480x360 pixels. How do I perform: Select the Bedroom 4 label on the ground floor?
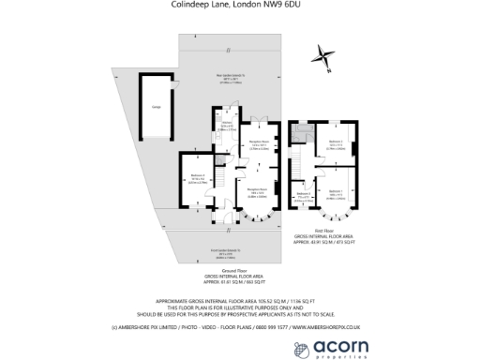pos(196,176)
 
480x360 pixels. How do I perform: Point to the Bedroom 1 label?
pos(336,189)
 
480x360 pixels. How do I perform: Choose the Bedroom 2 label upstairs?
pos(336,143)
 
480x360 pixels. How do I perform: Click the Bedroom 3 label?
pos(304,194)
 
